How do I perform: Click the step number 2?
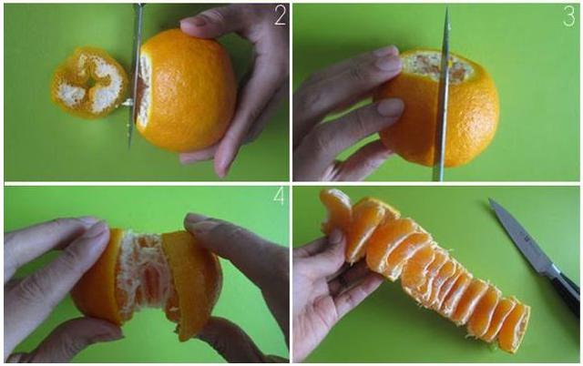click(280, 15)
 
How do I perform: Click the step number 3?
click(568, 16)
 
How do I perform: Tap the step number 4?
click(279, 196)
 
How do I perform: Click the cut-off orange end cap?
click(89, 83)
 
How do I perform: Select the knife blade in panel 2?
click(136, 75)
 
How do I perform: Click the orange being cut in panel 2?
click(186, 91)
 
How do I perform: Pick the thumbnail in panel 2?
click(194, 21)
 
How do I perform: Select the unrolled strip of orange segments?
click(424, 268)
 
